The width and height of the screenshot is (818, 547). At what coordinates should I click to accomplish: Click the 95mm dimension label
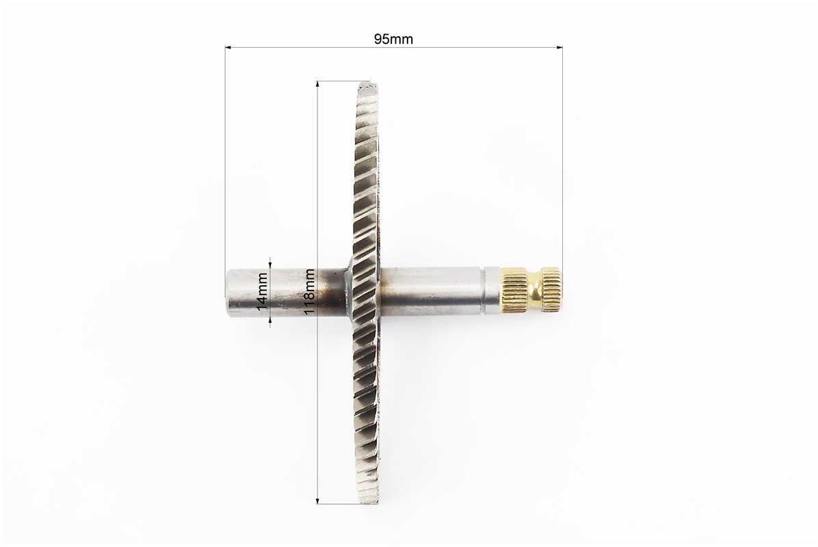click(x=393, y=39)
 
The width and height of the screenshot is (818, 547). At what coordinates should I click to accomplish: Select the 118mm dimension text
click(x=309, y=291)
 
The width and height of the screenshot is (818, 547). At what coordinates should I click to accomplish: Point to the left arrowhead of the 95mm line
click(x=228, y=48)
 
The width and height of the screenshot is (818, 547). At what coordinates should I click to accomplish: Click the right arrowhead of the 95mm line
click(x=559, y=48)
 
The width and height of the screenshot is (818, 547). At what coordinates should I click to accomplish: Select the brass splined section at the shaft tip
click(x=551, y=289)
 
